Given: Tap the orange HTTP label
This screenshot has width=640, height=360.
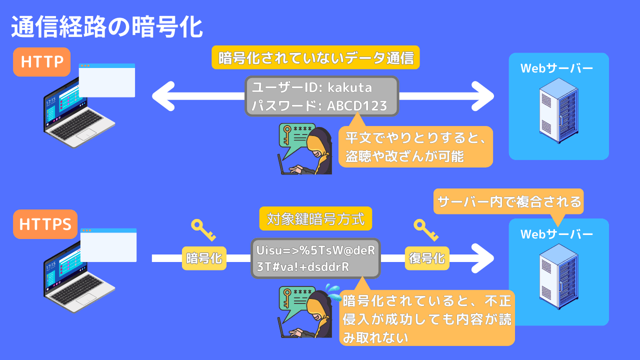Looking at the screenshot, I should point(42,62).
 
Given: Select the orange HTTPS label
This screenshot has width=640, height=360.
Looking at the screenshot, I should point(45,224).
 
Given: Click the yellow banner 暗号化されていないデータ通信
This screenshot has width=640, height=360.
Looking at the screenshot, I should point(316,57).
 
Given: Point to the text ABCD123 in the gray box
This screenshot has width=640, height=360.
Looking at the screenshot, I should point(357,106).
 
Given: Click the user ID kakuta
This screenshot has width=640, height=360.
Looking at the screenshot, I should point(349,87).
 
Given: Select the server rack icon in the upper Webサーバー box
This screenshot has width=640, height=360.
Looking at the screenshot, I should point(558,113).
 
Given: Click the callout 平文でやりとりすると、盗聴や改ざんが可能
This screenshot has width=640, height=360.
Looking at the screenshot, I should point(415,146).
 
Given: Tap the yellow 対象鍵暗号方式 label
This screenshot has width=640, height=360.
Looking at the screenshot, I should point(315,219).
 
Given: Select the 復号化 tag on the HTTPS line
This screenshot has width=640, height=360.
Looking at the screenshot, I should point(426,258).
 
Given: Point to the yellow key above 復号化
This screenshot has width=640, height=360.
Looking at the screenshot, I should point(426,230).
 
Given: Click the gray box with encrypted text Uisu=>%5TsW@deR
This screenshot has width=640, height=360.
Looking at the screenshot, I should point(315,258).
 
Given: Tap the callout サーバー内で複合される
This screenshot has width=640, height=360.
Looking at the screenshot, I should point(509,201).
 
